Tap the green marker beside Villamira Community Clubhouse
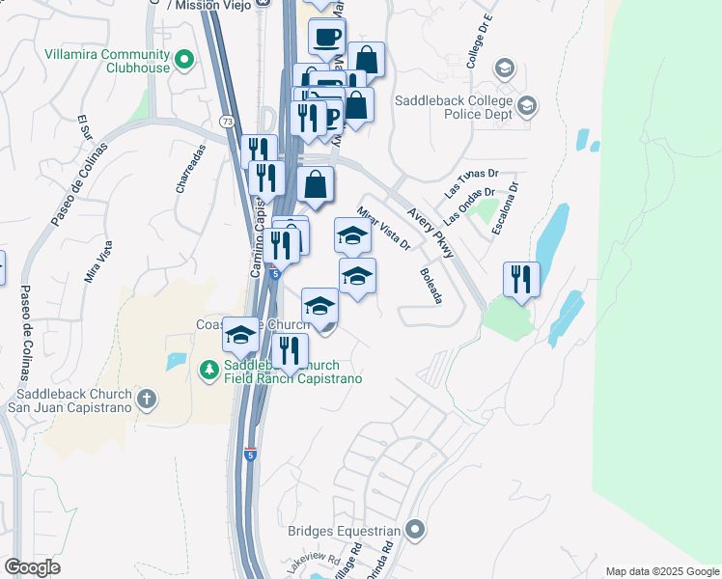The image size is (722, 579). click(184, 62)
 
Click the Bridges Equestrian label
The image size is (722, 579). click(343, 531)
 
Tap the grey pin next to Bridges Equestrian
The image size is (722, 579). click(415, 530)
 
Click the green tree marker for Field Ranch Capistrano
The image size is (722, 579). click(209, 370)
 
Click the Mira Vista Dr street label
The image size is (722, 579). click(384, 228)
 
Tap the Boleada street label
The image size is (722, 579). click(430, 286)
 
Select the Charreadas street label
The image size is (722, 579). click(190, 170)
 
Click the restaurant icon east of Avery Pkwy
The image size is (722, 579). click(521, 280)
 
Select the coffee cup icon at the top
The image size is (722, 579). click(326, 38)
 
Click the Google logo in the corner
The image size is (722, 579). click(32, 567)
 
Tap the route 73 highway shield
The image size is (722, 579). click(226, 122)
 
